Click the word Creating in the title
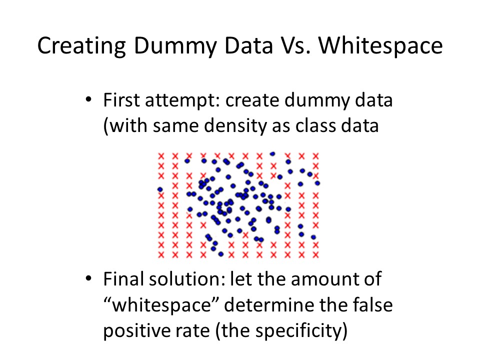click(x=81, y=46)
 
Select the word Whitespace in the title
click(x=381, y=46)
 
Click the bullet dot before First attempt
click(x=88, y=99)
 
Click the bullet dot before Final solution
click(x=88, y=278)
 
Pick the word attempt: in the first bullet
click(x=183, y=100)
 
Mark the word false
click(x=372, y=304)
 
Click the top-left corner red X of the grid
click(x=161, y=156)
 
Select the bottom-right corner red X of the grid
click(x=315, y=254)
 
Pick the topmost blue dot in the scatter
click(x=272, y=153)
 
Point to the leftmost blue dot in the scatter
click(x=160, y=189)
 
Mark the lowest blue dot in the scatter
click(x=221, y=254)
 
